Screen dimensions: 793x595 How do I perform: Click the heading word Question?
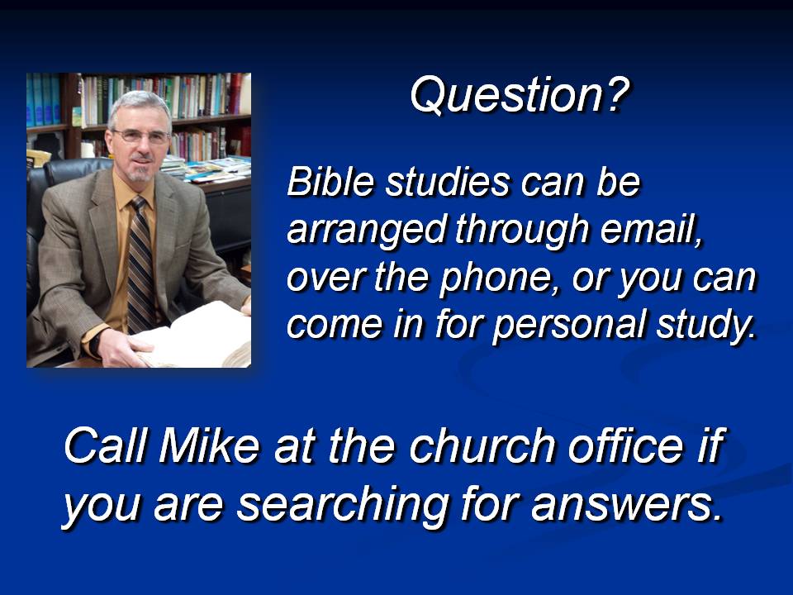click(520, 95)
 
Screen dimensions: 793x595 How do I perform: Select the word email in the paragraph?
click(652, 229)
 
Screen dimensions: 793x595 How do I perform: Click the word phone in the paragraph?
click(495, 278)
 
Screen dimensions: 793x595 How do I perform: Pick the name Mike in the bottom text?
click(208, 445)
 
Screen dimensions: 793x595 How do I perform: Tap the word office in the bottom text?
click(625, 445)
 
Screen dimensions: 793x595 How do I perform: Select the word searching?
click(343, 504)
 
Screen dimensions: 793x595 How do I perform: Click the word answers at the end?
click(627, 504)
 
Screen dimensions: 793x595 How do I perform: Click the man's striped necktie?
click(141, 265)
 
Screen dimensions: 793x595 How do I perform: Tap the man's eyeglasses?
click(141, 136)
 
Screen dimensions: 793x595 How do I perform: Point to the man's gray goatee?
click(138, 171)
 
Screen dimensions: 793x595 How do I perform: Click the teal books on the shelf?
click(44, 99)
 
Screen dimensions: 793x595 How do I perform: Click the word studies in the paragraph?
click(447, 181)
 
